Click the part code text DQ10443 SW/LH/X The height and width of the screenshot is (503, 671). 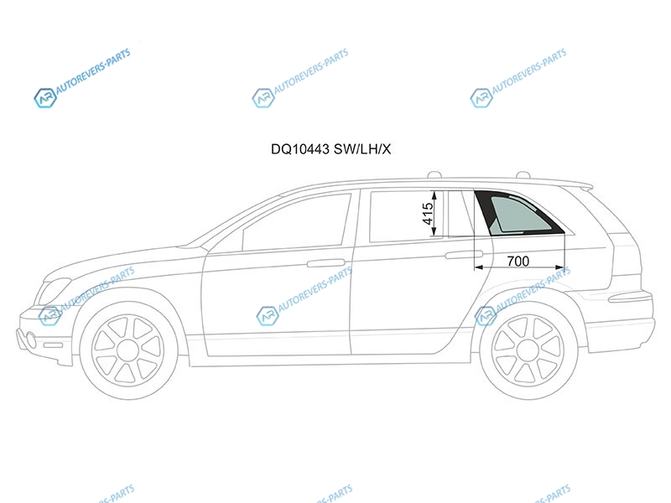[330, 149]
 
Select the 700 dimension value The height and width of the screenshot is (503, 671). [518, 261]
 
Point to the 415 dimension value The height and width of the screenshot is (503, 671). [428, 214]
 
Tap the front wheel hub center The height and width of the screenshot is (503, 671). [128, 350]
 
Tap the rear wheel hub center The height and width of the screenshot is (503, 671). [528, 350]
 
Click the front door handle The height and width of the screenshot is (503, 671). [326, 262]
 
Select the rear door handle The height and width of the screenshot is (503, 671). [464, 255]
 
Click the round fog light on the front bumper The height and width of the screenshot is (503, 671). [31, 340]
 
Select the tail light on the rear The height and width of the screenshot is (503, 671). [630, 297]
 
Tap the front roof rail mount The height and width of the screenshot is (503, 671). [434, 174]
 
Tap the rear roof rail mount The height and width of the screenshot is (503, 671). [523, 174]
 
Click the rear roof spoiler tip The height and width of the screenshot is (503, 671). [592, 186]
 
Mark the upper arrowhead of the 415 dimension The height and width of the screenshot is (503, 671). [434, 196]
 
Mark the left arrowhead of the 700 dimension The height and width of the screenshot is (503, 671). [479, 267]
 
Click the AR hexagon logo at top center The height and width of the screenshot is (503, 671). [263, 98]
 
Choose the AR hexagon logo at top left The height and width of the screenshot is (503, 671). [45, 98]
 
